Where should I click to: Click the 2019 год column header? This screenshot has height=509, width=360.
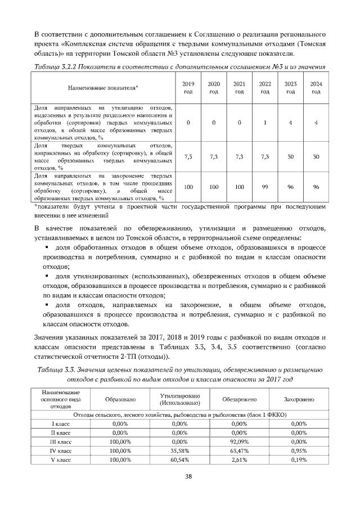click(188, 87)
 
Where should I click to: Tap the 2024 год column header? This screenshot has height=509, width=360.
click(316, 87)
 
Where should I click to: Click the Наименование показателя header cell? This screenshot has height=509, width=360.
click(103, 88)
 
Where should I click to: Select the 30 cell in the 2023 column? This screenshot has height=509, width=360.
click(291, 156)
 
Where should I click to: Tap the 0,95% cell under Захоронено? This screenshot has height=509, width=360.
click(299, 451)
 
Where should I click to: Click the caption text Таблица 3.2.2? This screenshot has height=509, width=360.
click(56, 67)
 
